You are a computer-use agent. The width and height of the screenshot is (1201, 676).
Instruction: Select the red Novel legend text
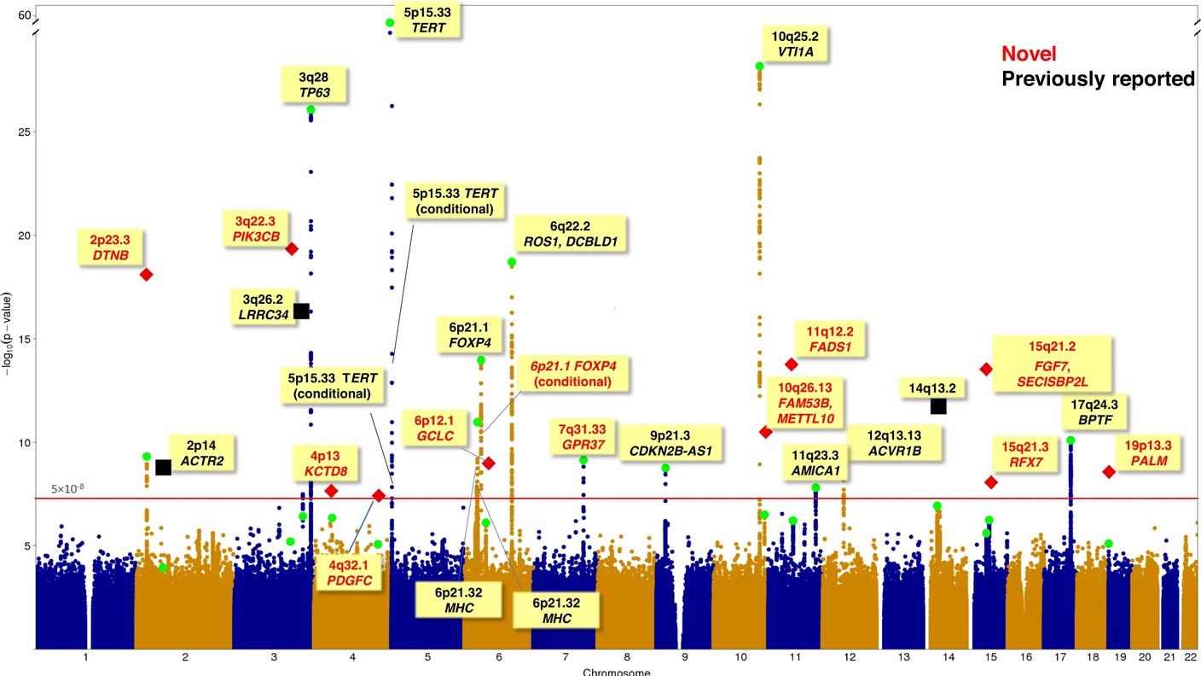pos(1029,54)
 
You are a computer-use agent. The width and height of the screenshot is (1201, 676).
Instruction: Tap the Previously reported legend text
pos(1098,79)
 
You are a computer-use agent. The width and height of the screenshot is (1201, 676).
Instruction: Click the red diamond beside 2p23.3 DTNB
pos(146,274)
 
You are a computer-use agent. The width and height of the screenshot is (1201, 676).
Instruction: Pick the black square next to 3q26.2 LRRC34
pos(301,311)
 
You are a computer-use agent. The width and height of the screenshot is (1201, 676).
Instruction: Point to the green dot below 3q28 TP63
pos(310,109)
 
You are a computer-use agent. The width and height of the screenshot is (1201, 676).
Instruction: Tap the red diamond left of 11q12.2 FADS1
pos(792,364)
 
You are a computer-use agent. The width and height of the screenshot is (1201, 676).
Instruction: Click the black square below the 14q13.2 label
pos(938,406)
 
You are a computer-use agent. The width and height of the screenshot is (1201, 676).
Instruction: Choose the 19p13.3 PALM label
pos(1148,453)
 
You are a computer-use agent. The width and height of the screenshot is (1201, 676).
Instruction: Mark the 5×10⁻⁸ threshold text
pos(68,489)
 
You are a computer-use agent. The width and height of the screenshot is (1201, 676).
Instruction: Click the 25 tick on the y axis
pos(24,132)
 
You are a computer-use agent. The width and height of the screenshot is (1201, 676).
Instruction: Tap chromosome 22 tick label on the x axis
pos(1190,657)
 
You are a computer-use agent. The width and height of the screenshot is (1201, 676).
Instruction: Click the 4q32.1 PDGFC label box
pos(350,573)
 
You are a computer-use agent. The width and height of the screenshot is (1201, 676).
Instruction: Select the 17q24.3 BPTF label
pos(1097,412)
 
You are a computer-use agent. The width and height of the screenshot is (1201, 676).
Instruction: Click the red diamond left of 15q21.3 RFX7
pos(991,482)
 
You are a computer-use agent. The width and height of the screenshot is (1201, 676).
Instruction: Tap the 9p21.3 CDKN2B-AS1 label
pos(670,443)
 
